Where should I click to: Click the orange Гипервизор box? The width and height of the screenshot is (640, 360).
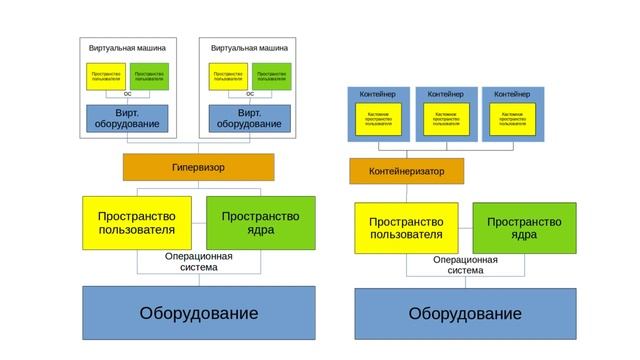[x=197, y=167]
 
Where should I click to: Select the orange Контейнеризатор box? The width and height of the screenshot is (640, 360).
[x=406, y=171]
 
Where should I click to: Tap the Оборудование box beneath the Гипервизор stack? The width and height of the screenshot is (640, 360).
[x=198, y=313]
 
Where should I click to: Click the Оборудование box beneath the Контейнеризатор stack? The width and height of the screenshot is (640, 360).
[x=464, y=314]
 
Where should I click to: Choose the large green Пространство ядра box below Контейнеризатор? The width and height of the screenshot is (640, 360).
[x=524, y=228]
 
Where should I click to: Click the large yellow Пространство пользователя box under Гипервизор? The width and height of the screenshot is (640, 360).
[x=136, y=224]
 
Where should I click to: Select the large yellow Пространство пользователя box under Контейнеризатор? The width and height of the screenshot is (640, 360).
[x=406, y=228]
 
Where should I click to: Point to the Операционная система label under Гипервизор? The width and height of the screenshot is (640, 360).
[x=198, y=262]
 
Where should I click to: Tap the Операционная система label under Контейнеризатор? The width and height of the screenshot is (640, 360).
[x=465, y=265]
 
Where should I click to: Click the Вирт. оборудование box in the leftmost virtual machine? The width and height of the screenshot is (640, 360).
[x=127, y=119]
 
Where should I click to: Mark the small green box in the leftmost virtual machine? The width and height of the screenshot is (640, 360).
[x=149, y=76]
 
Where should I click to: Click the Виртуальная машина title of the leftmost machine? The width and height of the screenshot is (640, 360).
[x=127, y=48]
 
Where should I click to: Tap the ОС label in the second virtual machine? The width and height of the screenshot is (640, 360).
[x=249, y=94]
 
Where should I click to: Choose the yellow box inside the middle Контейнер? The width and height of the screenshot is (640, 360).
[x=445, y=119]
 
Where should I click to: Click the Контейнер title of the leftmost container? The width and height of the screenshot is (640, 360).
[x=378, y=94]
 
